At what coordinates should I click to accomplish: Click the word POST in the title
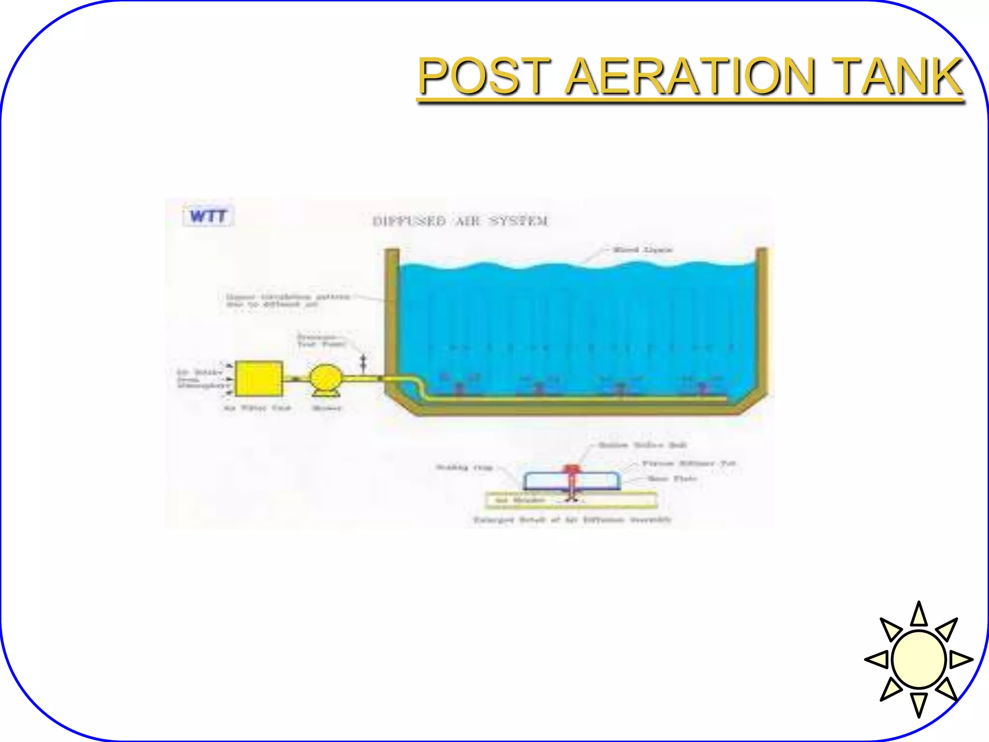[x=484, y=76]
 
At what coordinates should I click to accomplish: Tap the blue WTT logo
[x=208, y=216]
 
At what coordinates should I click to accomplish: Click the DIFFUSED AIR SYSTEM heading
[x=460, y=221]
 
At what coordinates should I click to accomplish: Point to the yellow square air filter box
[x=259, y=379]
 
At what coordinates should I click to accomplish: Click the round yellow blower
[x=325, y=379]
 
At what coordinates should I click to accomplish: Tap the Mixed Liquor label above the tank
[x=642, y=250]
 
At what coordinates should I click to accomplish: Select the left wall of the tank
[x=392, y=319]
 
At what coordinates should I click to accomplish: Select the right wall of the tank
[x=761, y=319]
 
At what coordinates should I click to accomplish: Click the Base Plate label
[x=672, y=479]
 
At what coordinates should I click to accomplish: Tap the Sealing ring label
[x=464, y=467]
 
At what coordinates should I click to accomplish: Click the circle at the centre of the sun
[x=918, y=659]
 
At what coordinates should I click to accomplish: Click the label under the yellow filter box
[x=257, y=408]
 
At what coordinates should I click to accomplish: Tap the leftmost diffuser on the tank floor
[x=459, y=388]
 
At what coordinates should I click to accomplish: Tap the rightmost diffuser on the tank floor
[x=703, y=388]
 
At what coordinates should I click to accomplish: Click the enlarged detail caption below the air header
[x=572, y=520]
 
